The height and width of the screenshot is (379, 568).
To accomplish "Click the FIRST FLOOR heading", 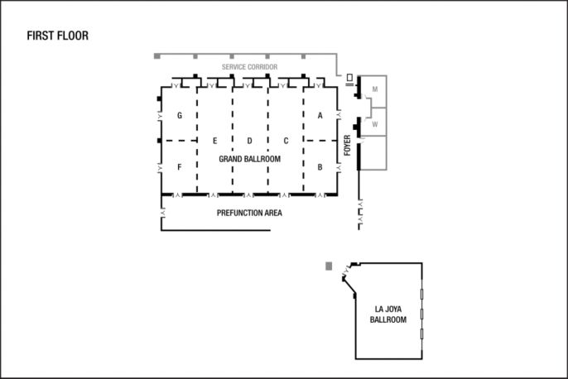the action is tap(58, 36).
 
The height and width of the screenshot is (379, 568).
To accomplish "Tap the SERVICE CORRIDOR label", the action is tap(249, 67).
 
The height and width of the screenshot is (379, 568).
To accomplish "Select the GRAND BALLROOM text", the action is tap(249, 159).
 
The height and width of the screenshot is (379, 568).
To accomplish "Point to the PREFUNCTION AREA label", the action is tap(249, 213).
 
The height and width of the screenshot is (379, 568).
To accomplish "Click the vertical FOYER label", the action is tap(348, 145).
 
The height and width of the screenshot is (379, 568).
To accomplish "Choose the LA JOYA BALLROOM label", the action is tap(388, 314).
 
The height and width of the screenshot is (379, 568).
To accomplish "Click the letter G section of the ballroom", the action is tap(180, 116).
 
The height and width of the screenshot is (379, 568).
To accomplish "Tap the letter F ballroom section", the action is tap(180, 167).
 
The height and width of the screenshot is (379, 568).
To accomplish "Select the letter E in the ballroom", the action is tap(214, 141).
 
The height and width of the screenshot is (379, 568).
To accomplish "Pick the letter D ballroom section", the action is tap(249, 141).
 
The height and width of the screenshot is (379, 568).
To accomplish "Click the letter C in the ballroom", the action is tap(286, 141).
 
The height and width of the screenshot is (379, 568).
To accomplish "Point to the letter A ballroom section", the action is tap(320, 116).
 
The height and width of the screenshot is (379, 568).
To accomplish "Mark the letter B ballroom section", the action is tap(320, 167).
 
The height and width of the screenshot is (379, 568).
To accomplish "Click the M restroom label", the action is tap(375, 89).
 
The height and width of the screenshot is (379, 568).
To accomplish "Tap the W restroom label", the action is tap(375, 124).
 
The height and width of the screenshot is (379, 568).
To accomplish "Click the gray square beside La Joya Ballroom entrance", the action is tap(329, 266).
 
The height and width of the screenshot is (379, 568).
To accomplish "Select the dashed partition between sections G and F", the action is tap(180, 141).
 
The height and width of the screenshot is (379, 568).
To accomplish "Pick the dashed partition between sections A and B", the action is tap(321, 141).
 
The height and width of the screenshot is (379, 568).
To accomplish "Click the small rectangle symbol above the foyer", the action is tap(349, 78).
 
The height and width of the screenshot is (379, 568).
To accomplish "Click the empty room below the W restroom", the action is tap(373, 153).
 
